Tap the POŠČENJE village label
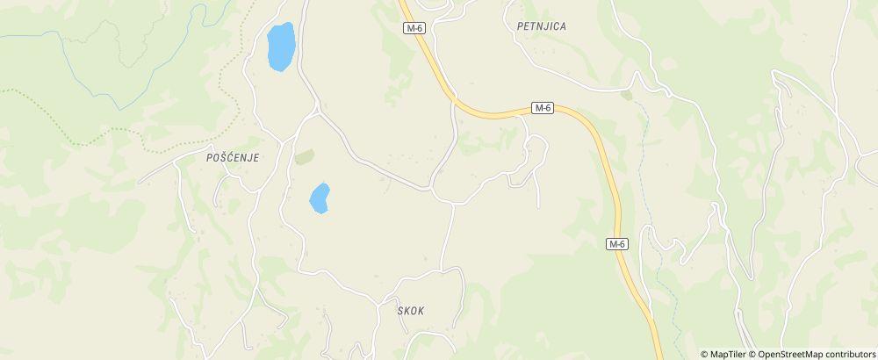233,157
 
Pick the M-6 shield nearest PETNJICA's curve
543,108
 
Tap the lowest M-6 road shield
618,244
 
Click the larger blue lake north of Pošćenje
281,47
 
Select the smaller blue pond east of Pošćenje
319,198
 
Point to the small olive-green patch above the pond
305,157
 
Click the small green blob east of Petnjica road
625,93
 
